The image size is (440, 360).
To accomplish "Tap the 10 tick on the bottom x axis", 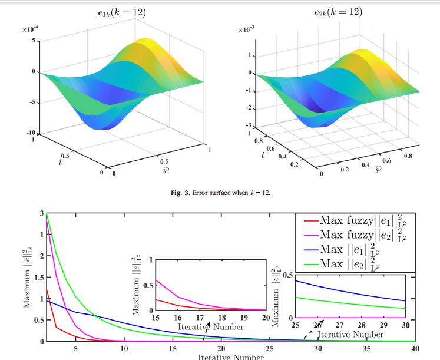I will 124,348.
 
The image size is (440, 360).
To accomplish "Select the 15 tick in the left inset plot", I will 156,318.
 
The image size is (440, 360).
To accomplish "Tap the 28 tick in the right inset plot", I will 360,325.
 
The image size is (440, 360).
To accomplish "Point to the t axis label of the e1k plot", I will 60,160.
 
